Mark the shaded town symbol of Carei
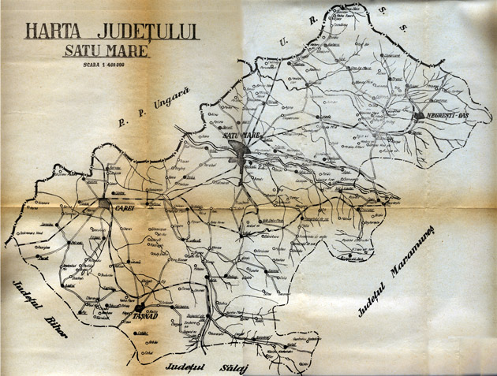pos(106,203)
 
